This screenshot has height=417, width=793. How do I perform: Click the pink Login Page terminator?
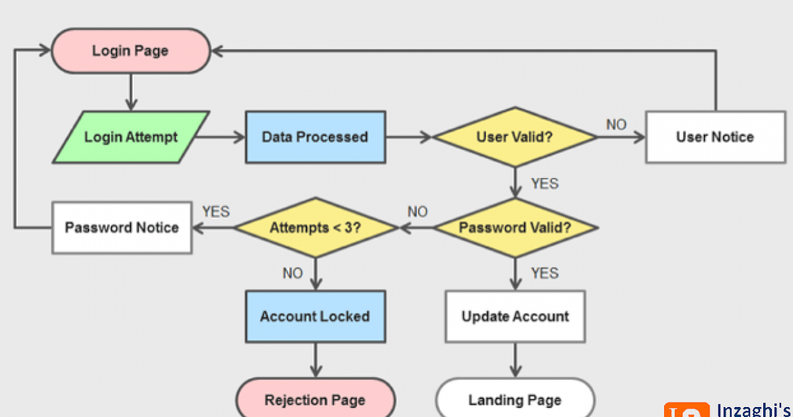pos(131,51)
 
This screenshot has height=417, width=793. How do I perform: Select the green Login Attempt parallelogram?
pos(131,137)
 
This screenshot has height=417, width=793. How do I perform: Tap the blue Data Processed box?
pos(315,137)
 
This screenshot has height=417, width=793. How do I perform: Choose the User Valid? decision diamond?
pos(515,137)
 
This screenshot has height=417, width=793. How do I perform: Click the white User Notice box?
pos(714,137)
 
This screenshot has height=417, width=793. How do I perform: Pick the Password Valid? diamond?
pos(515,228)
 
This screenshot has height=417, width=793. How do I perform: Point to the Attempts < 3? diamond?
pos(315,228)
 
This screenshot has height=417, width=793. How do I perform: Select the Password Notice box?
pos(122,228)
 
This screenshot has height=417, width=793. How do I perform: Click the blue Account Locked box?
pos(315,316)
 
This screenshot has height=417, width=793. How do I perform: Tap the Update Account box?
pos(515,316)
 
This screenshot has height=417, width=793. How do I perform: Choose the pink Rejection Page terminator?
pos(315,400)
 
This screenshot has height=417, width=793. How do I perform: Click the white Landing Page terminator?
pos(515,400)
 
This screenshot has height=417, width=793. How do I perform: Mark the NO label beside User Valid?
pos(616,124)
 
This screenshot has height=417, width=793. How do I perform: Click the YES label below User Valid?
pos(545,183)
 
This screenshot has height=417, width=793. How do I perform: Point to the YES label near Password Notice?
pos(215,212)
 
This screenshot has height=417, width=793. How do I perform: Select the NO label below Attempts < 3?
pos(293,273)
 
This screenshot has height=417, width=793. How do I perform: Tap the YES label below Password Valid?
pos(545,273)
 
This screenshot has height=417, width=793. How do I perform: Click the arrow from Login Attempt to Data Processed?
pos(221,137)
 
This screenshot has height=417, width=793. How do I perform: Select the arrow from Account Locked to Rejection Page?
pos(315,361)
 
